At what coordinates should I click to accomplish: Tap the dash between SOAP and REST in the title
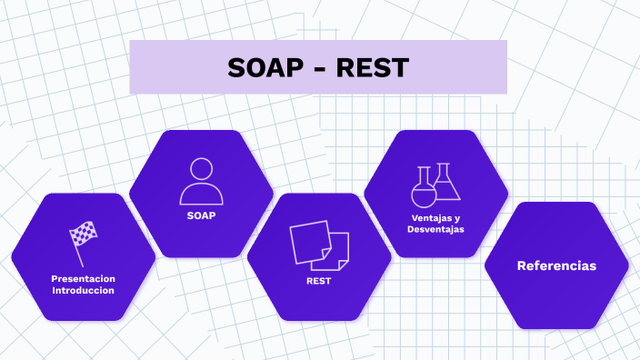pyautogui.click(x=319, y=69)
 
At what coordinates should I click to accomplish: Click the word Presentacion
pyautogui.click(x=83, y=278)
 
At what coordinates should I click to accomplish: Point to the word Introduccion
pyautogui.click(x=83, y=291)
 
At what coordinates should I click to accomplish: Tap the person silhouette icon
pyautogui.click(x=201, y=181)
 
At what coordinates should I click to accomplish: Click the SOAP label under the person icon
pyautogui.click(x=201, y=216)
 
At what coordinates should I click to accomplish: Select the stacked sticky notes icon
pyautogui.click(x=319, y=245)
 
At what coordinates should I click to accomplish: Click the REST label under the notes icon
pyautogui.click(x=319, y=282)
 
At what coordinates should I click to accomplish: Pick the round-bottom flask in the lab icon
pyautogui.click(x=423, y=188)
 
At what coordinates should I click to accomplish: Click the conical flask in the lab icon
pyautogui.click(x=445, y=183)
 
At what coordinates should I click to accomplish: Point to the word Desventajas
pyautogui.click(x=436, y=230)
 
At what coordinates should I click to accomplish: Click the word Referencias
pyautogui.click(x=556, y=265)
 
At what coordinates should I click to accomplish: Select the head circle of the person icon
pyautogui.click(x=201, y=169)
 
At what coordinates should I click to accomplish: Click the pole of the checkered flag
pyautogui.click(x=78, y=245)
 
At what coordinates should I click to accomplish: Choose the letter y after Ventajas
pyautogui.click(x=457, y=219)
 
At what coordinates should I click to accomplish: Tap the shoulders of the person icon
pyautogui.click(x=201, y=195)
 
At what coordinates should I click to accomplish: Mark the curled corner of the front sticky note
pyautogui.click(x=343, y=265)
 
